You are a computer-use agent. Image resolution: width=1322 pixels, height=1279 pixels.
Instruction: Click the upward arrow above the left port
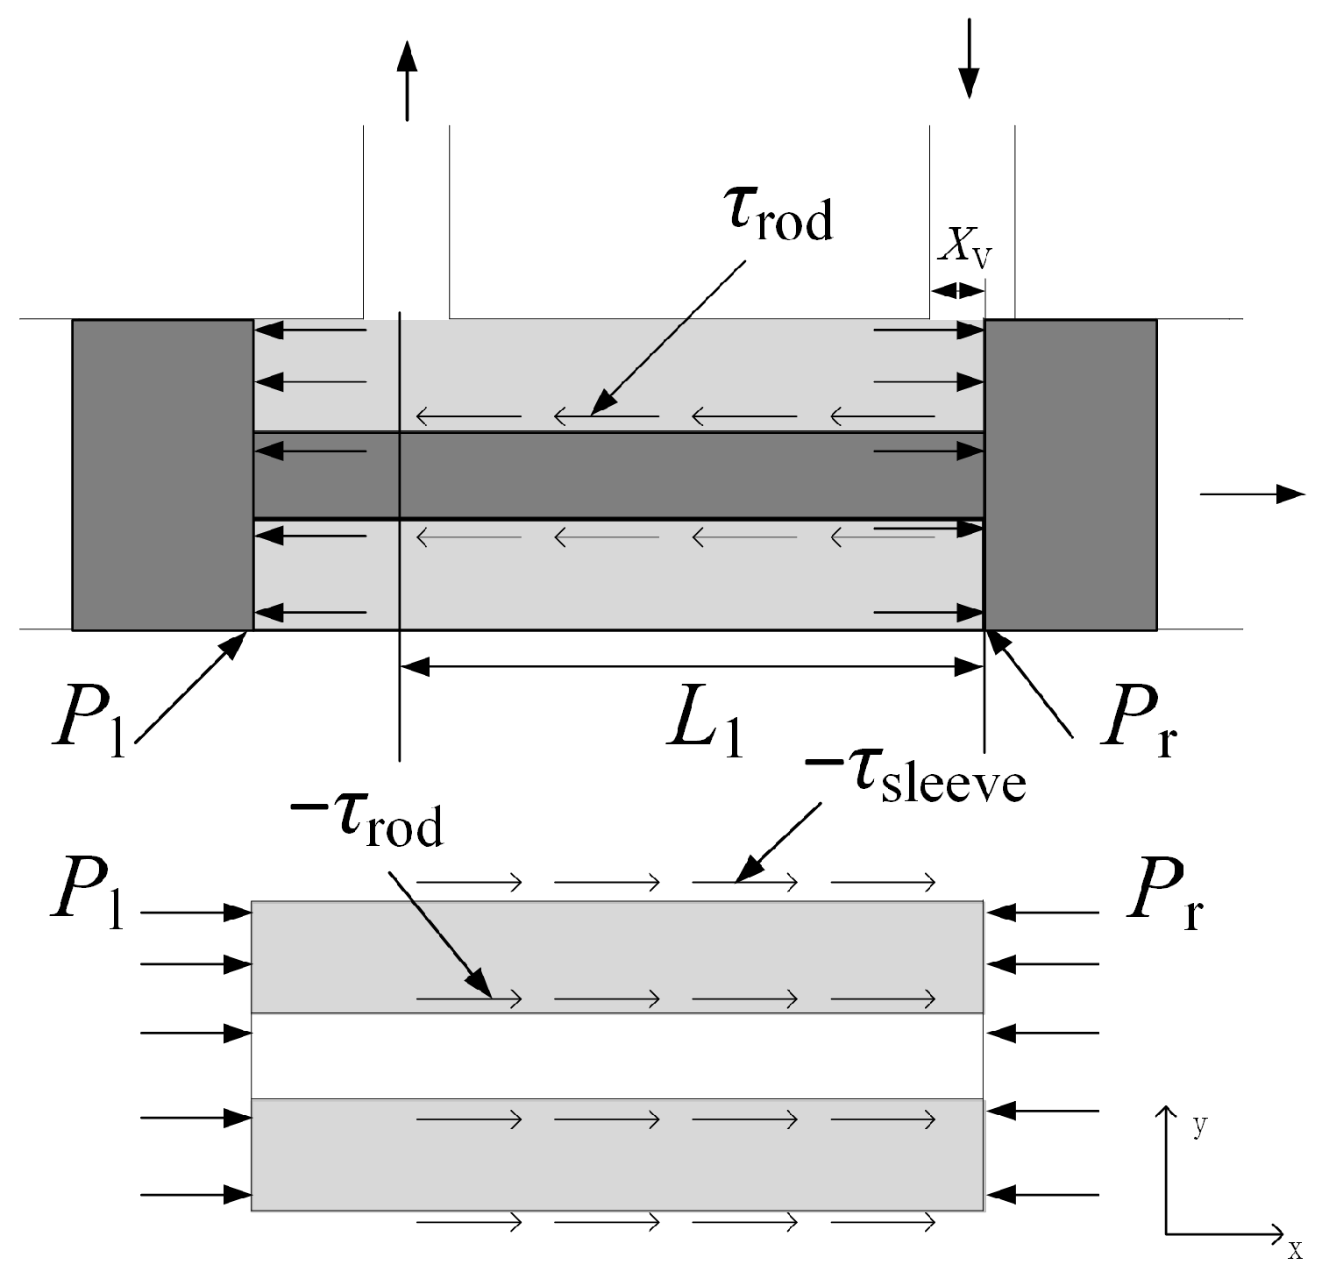[406, 80]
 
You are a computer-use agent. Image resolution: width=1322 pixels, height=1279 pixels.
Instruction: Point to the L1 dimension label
[705, 727]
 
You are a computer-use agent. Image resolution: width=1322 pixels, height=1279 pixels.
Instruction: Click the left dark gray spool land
[162, 474]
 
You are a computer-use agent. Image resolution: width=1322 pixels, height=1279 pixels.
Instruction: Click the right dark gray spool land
[1070, 474]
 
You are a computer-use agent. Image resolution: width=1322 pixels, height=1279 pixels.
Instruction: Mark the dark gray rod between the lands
[618, 474]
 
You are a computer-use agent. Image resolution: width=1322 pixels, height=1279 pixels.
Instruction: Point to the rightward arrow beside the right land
[1252, 494]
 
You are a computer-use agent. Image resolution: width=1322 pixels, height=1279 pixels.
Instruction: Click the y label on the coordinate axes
[1199, 1126]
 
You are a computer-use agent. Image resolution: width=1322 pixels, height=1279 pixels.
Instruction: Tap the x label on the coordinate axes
[1295, 1250]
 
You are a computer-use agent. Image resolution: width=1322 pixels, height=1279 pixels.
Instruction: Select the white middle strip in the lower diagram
[617, 1055]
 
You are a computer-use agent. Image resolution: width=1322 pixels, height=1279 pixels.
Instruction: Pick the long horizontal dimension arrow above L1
[691, 667]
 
